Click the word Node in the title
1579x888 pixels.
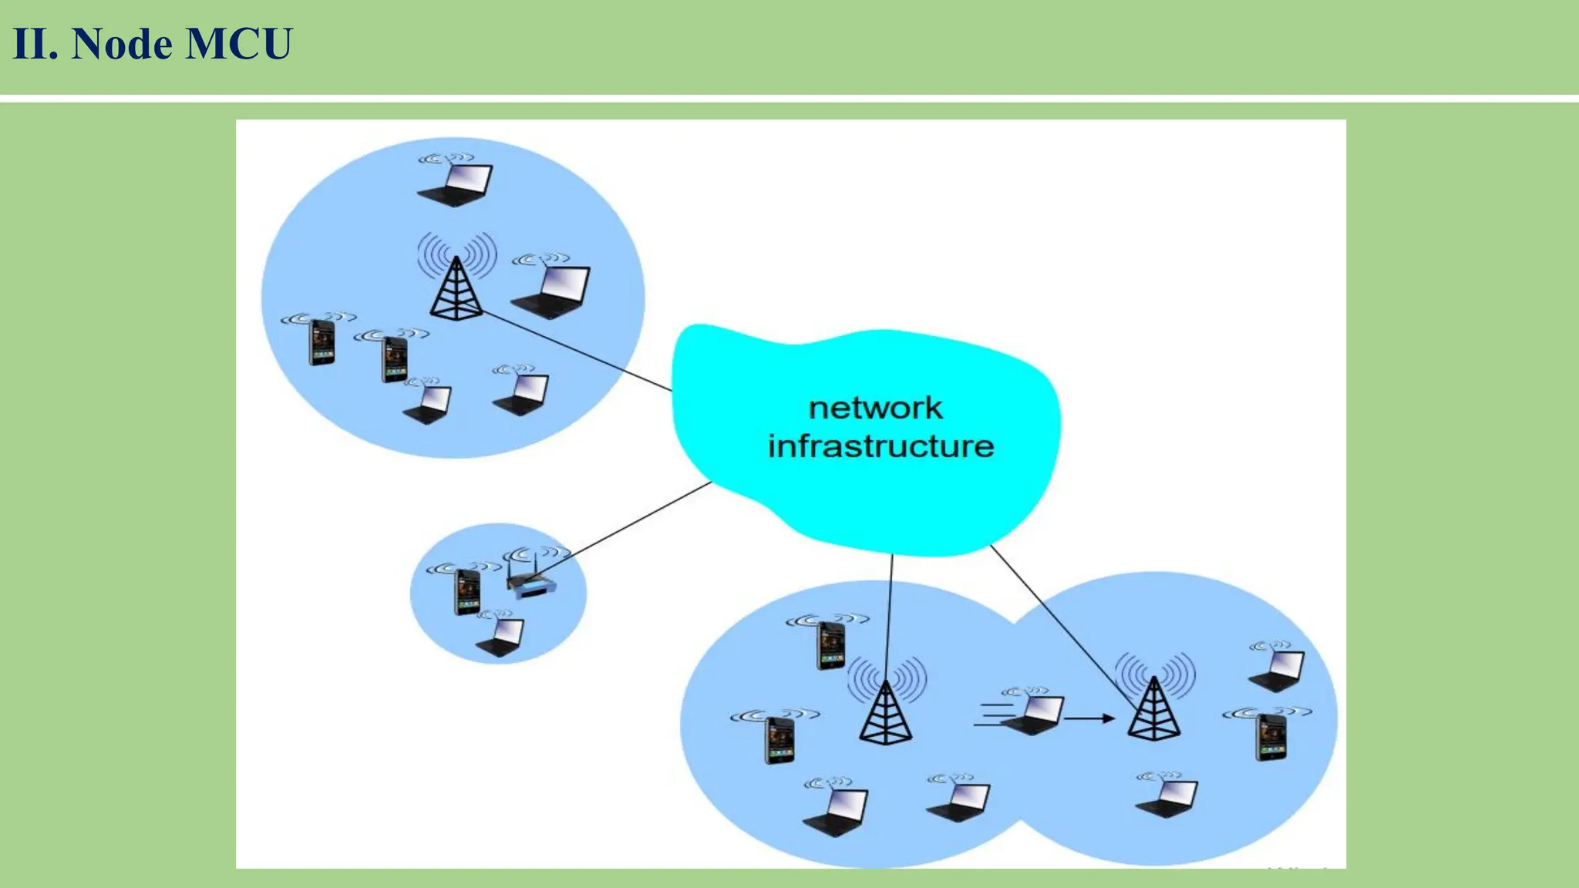(122, 44)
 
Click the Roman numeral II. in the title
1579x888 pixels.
(35, 44)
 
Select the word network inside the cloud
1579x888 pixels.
(875, 408)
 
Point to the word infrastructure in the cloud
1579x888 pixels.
(880, 446)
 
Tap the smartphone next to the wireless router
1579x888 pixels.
(467, 592)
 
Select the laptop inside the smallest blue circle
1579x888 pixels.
(502, 637)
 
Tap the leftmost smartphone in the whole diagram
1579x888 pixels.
(322, 342)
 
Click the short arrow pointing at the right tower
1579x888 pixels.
(1089, 718)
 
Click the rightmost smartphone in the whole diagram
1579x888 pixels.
(1271, 737)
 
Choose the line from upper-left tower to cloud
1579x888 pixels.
(578, 351)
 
